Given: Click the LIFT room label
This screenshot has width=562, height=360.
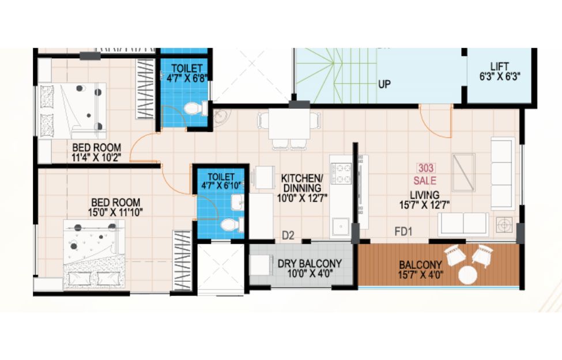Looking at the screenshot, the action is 500,67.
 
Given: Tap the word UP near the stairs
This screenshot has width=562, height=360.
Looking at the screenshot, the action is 384,85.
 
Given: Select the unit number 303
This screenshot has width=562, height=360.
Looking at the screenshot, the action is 426,168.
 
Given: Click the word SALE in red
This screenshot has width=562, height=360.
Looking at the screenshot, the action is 425,180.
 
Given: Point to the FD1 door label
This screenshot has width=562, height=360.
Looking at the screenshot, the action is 403,232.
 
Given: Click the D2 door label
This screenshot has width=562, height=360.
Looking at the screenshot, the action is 288,236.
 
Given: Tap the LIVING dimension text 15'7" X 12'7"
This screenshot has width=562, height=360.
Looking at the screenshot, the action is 425,205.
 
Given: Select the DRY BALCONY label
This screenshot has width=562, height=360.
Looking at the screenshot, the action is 310,264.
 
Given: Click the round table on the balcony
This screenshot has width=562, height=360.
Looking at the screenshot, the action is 467,275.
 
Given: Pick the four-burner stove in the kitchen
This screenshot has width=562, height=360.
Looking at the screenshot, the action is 341,174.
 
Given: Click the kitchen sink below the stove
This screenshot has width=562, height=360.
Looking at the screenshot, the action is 341,226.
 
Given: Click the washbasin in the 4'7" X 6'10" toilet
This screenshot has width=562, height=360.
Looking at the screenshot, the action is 237,202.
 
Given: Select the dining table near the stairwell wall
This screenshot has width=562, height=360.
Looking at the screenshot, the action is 289,124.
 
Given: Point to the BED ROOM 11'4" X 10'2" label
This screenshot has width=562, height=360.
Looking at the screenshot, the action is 96,152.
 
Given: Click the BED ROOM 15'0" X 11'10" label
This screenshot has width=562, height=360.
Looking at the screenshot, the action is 115,207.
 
